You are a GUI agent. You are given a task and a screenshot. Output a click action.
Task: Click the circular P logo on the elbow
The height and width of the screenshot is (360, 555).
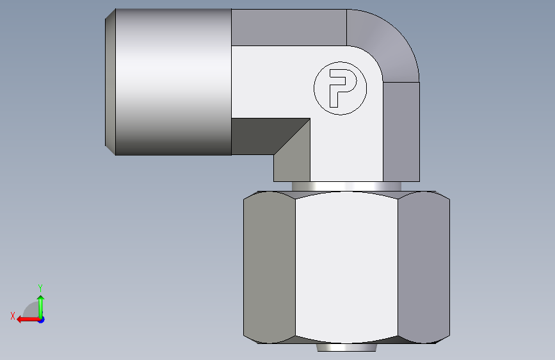(339, 88)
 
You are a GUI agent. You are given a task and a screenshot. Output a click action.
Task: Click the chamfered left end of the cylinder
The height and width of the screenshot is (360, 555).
(110, 82)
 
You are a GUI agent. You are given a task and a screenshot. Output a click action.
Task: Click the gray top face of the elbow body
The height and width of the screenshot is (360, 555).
(288, 27)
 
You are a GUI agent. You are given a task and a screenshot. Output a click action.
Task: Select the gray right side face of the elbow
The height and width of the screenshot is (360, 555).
(401, 131)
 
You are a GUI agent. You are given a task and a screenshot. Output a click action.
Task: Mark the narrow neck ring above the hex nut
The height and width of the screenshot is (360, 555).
(346, 186)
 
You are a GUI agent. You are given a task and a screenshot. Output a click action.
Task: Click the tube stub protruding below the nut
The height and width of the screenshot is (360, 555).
(346, 348)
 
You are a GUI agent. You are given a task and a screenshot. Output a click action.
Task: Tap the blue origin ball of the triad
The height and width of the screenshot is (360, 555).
(41, 319)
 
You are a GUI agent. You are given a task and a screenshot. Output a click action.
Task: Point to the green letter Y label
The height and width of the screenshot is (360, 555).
(40, 288)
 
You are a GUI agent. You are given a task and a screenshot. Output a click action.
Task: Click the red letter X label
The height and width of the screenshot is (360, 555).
(12, 316)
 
